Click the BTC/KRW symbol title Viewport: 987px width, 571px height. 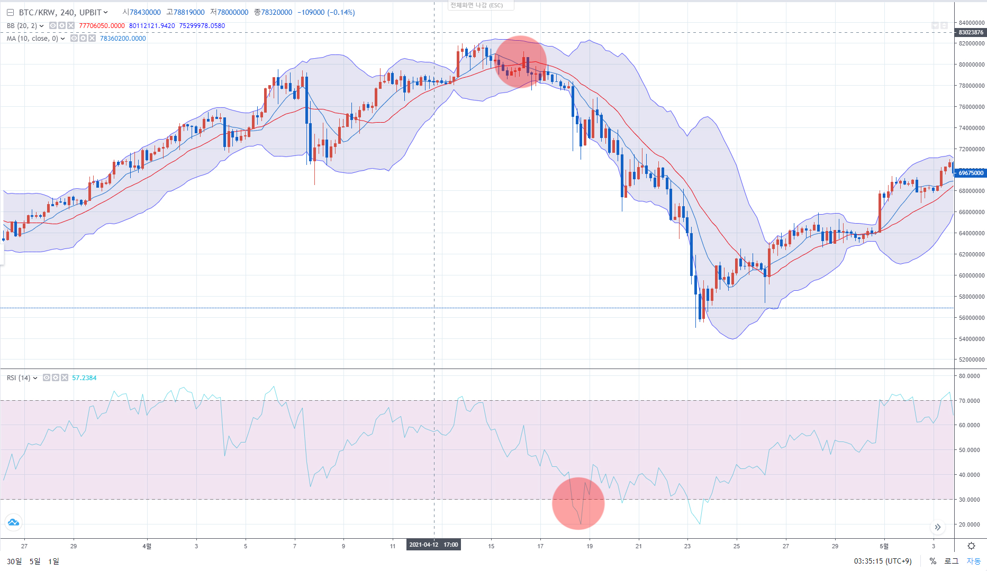(59, 12)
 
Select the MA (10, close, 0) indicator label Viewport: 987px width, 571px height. (33, 38)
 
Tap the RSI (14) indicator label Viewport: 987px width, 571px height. (19, 377)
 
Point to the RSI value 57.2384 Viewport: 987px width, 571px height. (84, 377)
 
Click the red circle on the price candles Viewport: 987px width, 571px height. (521, 62)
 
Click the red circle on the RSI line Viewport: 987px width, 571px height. (578, 503)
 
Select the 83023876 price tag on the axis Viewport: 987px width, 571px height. (971, 32)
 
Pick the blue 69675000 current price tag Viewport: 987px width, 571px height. (971, 173)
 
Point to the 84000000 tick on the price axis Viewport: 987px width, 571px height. (972, 23)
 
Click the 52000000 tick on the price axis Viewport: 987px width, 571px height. (972, 360)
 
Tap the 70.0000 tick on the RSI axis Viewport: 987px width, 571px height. (970, 401)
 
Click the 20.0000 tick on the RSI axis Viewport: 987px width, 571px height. (970, 524)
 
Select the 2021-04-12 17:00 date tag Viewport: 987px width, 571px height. (433, 545)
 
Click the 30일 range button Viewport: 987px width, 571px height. (14, 561)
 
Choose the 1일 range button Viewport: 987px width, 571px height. (53, 561)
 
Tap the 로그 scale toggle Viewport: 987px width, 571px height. (952, 561)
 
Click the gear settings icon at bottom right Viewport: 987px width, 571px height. (971, 546)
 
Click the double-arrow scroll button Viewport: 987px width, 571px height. (938, 527)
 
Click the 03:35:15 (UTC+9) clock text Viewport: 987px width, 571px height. (882, 561)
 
